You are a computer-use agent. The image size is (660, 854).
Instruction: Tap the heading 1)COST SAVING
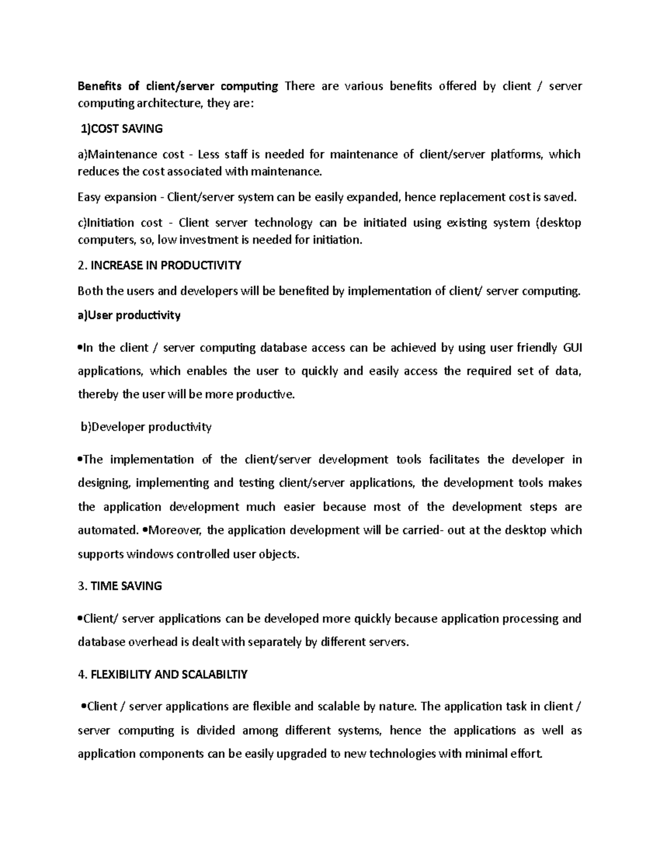tap(122, 129)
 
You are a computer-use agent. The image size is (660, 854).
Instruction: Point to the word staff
tap(235, 155)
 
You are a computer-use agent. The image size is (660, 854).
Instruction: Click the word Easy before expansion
tap(89, 197)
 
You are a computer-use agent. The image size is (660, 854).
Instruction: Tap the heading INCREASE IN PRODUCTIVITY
tap(166, 266)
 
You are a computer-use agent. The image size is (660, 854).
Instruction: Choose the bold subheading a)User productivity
tap(129, 315)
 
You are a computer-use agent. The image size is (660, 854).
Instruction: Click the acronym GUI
tap(573, 348)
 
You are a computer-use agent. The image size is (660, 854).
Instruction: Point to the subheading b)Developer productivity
tap(146, 427)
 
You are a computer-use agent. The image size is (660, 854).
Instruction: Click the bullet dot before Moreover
tap(145, 531)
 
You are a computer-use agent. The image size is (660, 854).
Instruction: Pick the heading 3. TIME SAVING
tap(120, 586)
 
